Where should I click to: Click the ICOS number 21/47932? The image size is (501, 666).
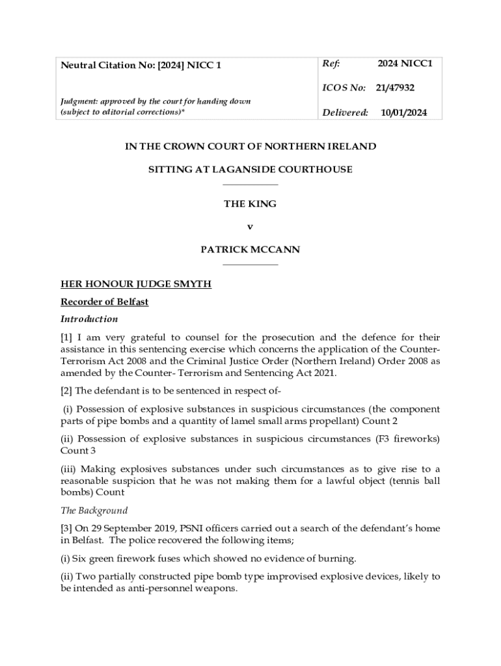pyautogui.click(x=395, y=88)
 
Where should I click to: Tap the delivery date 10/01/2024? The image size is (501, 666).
pyautogui.click(x=403, y=113)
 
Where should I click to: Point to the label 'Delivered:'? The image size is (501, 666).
pyautogui.click(x=345, y=113)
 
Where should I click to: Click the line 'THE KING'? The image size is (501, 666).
pyautogui.click(x=251, y=204)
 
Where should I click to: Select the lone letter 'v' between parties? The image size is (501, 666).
pyautogui.click(x=251, y=226)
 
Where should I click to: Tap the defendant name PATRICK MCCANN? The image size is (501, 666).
pyautogui.click(x=251, y=249)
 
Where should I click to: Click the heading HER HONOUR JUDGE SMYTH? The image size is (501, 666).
pyautogui.click(x=136, y=285)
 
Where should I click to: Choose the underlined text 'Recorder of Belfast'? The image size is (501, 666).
pyautogui.click(x=104, y=302)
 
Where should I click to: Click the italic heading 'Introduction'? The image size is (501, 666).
pyautogui.click(x=89, y=319)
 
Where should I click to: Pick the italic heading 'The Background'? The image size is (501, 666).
pyautogui.click(x=94, y=511)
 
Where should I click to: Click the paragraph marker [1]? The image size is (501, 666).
pyautogui.click(x=68, y=338)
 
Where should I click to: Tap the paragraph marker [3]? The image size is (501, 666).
pyautogui.click(x=68, y=528)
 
